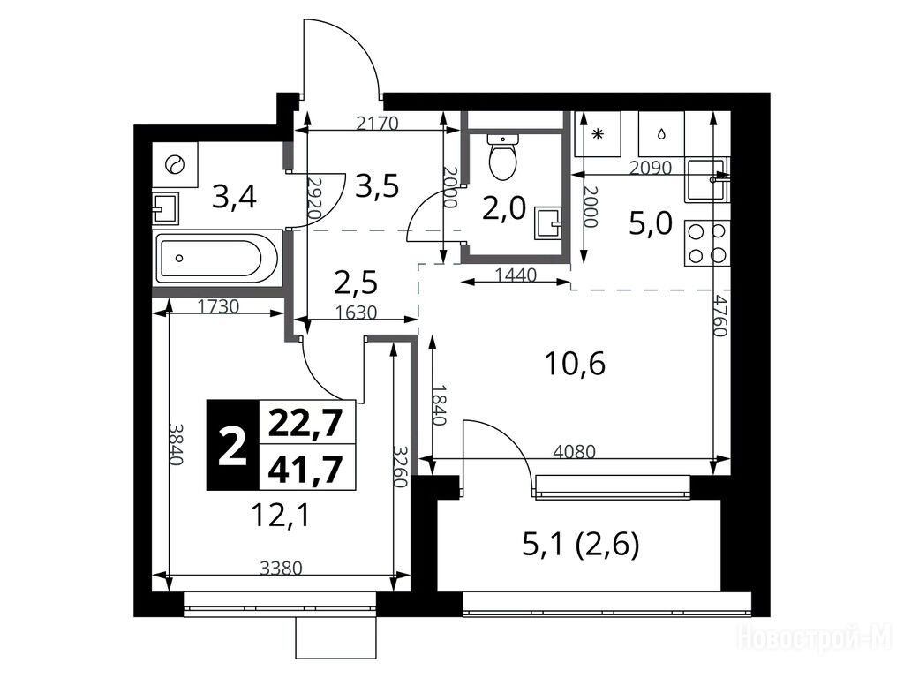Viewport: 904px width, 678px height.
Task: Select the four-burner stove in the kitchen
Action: (x=707, y=243)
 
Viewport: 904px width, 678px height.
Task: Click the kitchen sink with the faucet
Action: (x=707, y=179)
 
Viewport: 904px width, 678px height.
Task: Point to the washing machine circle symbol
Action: (x=174, y=164)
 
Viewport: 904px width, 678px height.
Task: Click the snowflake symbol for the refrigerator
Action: (x=598, y=134)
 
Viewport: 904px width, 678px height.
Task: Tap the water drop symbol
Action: (x=661, y=134)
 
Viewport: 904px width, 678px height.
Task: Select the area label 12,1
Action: (x=281, y=515)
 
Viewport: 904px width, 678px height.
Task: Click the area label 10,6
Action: (x=575, y=364)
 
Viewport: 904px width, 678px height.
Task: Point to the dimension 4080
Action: (x=574, y=451)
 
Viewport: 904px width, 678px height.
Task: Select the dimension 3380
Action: (x=281, y=569)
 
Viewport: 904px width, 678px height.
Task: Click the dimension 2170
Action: (x=377, y=124)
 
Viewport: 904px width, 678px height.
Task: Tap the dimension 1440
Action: (x=516, y=275)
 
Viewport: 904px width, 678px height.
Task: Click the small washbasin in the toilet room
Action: (x=547, y=223)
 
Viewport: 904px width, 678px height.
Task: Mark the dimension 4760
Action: (x=719, y=315)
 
